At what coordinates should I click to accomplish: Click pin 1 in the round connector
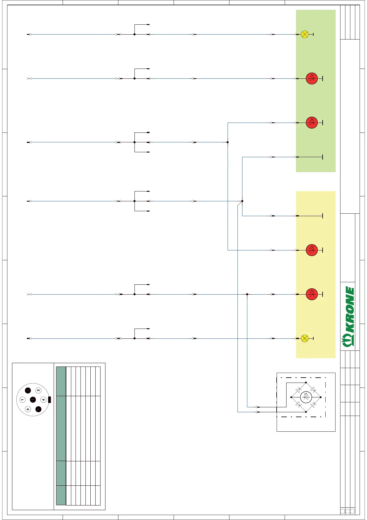[22, 400]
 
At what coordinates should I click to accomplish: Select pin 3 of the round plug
[38, 390]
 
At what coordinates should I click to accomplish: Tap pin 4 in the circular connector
[43, 400]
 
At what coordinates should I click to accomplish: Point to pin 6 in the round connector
[28, 409]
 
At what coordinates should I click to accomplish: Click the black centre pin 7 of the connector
[33, 400]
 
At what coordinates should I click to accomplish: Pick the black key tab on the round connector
[49, 400]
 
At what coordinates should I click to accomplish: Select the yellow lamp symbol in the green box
[305, 34]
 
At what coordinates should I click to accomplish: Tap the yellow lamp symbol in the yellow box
[304, 338]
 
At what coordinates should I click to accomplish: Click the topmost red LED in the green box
[312, 78]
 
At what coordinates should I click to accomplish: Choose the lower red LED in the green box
[312, 123]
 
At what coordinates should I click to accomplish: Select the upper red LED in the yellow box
[312, 250]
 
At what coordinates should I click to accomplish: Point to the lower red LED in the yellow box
[312, 294]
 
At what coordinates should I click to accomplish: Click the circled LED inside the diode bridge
[306, 397]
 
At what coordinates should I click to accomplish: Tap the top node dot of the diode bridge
[306, 383]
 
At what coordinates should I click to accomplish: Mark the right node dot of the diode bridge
[321, 397]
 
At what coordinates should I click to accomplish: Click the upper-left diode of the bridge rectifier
[298, 390]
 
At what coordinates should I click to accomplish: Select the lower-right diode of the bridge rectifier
[313, 405]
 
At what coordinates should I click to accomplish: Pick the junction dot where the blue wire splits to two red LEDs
[228, 142]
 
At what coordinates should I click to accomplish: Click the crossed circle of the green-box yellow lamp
[305, 34]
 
